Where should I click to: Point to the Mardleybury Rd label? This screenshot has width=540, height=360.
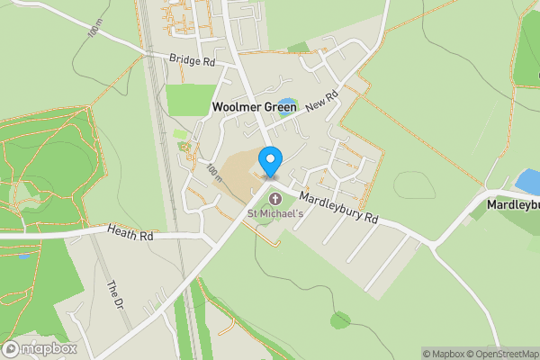(x=339, y=205)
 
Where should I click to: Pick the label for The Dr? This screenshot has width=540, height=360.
(x=114, y=296)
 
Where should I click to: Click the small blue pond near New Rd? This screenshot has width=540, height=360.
(x=286, y=104)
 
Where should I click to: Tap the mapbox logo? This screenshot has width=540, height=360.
(x=40, y=349)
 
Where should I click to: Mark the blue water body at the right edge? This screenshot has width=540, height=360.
(x=527, y=183)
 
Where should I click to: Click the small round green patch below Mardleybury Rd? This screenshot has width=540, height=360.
(x=339, y=319)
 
